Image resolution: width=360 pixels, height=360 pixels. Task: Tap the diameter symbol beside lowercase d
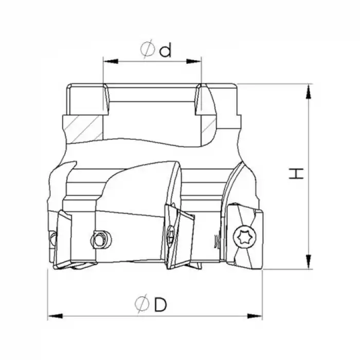(147, 49)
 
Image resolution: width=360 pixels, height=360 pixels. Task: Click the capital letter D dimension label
(160, 304)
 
